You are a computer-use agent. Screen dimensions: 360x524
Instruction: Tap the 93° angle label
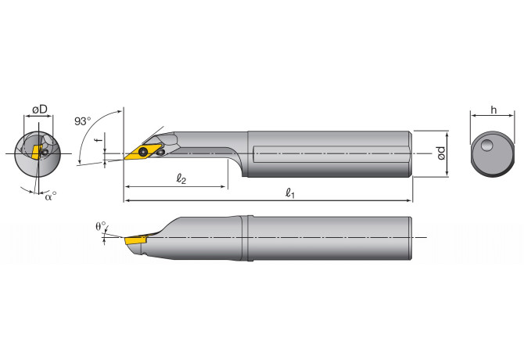[x=82, y=122]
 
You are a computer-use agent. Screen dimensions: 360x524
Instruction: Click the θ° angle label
[x=99, y=226]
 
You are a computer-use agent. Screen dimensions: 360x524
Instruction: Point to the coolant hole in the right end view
[x=487, y=146]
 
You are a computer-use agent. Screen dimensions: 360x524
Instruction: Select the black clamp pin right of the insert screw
[x=160, y=153]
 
